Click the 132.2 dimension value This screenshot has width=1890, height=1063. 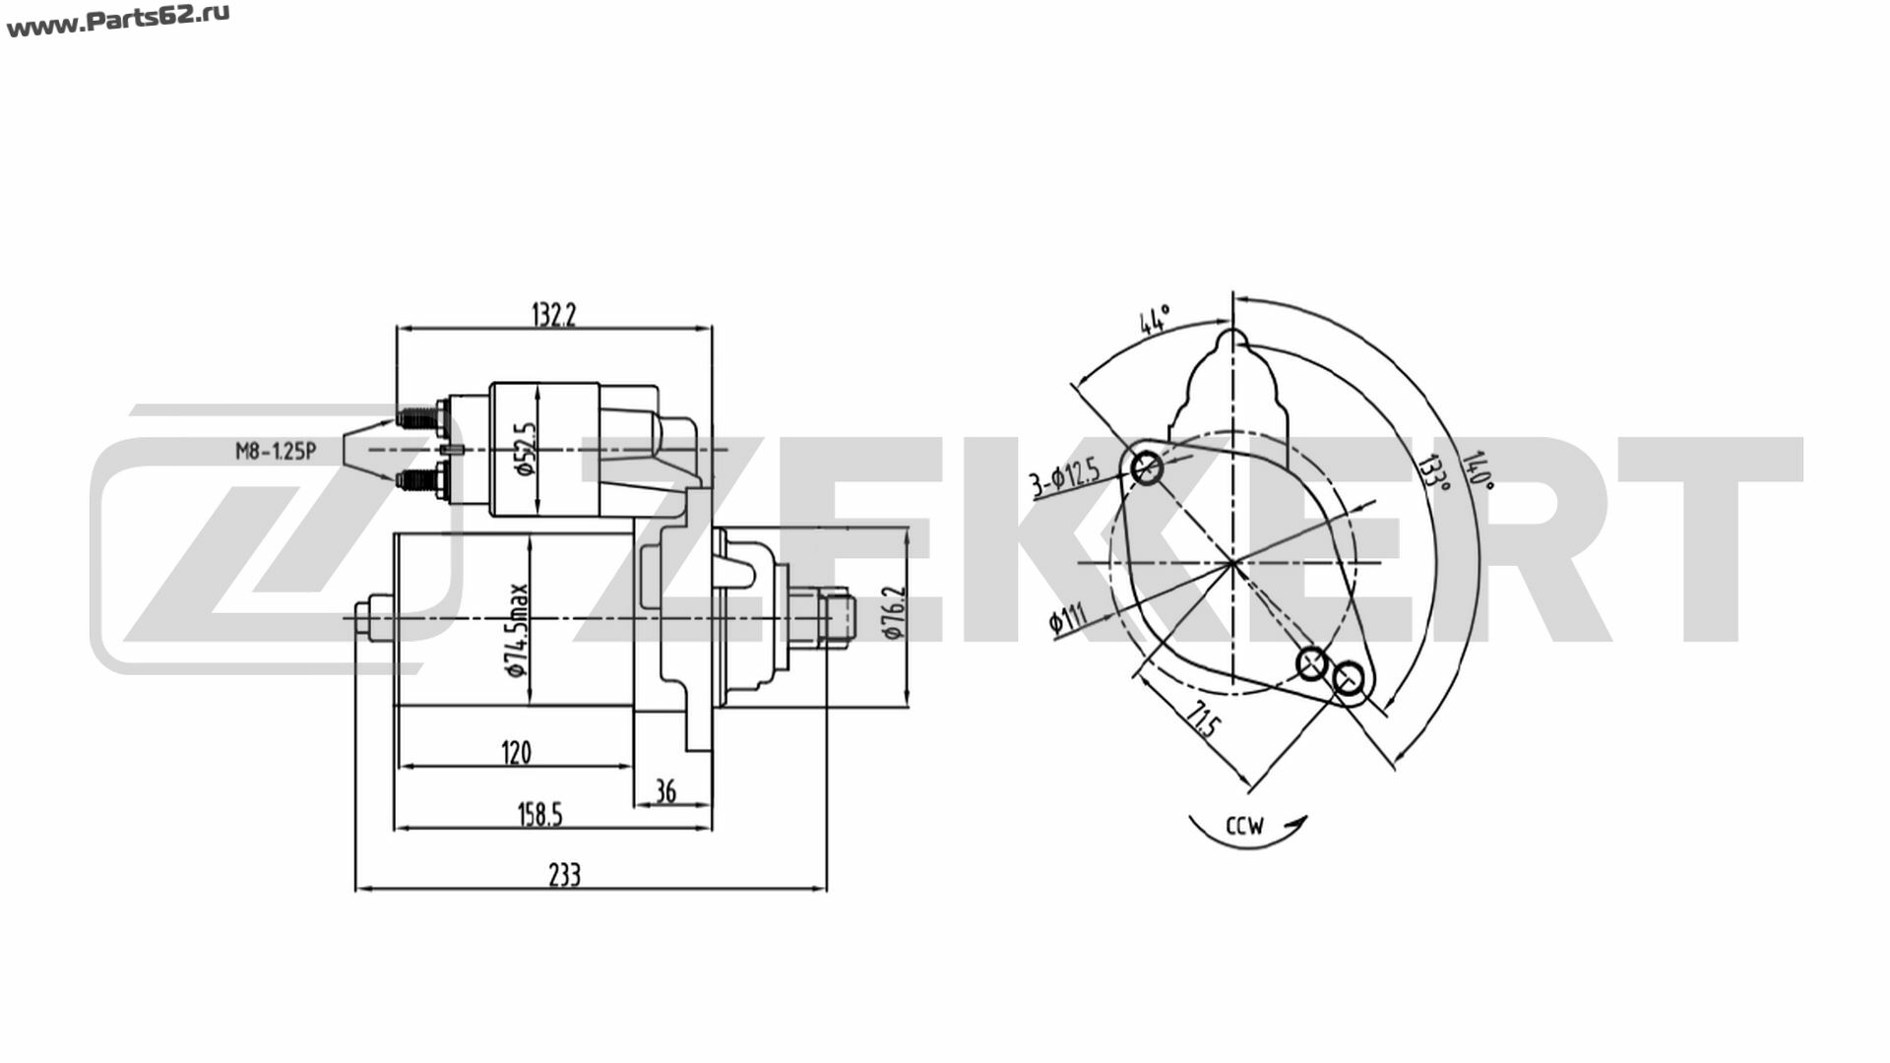pos(553,315)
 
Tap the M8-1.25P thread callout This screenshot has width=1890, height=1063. pos(275,452)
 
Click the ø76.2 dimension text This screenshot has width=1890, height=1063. pos(894,613)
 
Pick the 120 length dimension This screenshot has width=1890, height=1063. pos(516,753)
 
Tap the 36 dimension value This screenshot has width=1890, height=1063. pos(665,791)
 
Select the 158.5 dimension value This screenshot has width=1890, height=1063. pos(539,815)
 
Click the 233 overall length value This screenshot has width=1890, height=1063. pos(565,874)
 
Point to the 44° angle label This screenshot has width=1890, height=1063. pos(1154,321)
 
